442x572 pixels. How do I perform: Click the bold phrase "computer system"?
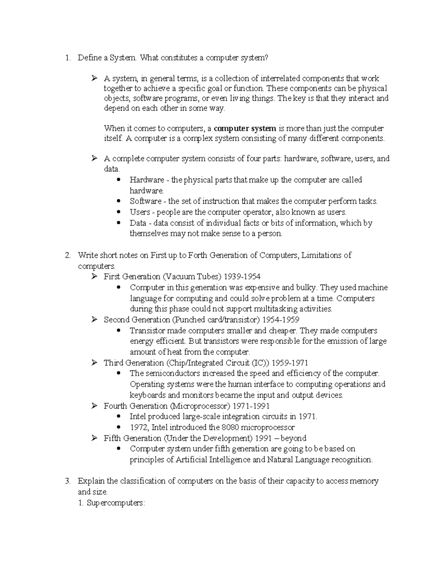point(245,129)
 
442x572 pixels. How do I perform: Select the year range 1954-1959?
point(281,320)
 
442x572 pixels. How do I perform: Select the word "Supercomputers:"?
point(116,503)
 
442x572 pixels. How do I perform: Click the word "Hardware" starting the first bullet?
point(147,180)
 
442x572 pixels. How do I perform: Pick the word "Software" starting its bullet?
point(145,201)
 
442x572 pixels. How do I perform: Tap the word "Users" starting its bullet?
point(140,212)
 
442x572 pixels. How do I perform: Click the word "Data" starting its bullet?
point(138,223)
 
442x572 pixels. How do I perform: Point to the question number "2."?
point(67,255)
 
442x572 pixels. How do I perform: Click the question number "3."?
point(67,481)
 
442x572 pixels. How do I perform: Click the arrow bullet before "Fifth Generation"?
point(94,438)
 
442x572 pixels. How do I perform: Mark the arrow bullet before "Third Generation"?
point(94,363)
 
